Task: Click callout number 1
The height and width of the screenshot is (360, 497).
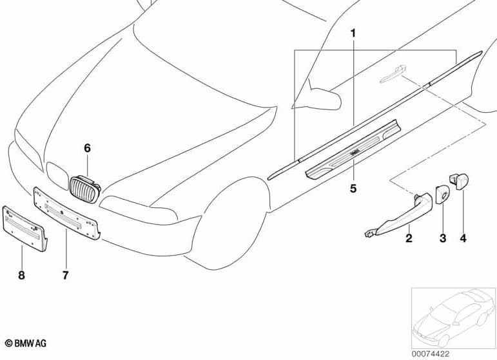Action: [x=353, y=33]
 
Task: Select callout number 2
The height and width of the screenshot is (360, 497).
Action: [x=409, y=238]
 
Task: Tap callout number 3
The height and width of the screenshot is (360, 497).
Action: [x=443, y=238]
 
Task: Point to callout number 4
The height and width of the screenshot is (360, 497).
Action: [x=463, y=238]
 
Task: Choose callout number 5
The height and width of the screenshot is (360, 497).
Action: [x=353, y=189]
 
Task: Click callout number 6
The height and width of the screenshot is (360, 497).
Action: [x=87, y=148]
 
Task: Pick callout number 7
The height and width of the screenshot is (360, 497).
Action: [x=65, y=275]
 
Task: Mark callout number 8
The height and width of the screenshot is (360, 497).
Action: [x=21, y=275]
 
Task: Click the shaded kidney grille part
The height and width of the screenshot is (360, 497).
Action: [x=84, y=189]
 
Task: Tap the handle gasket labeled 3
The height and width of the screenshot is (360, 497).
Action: [x=442, y=194]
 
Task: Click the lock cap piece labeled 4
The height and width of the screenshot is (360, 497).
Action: [x=459, y=182]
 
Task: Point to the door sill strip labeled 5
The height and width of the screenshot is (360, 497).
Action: [x=353, y=149]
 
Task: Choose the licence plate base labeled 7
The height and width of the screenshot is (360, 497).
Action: [x=67, y=213]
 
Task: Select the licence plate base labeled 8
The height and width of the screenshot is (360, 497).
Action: [x=24, y=229]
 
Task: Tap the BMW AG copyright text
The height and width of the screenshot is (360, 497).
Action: [x=26, y=343]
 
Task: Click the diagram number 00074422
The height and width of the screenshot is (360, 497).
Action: [x=431, y=354]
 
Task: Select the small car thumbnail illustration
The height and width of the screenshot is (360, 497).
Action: [x=454, y=318]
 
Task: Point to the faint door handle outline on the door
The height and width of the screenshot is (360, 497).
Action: [x=393, y=74]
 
